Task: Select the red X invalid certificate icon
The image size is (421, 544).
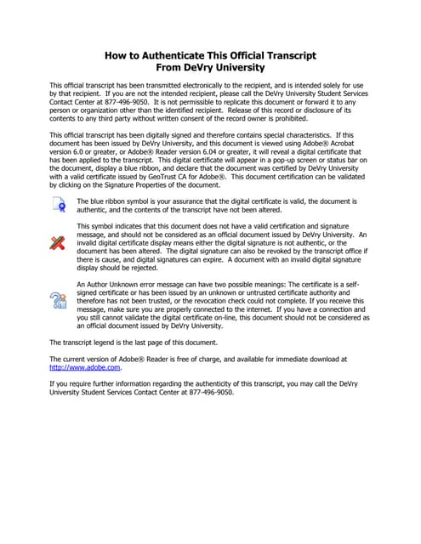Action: click(58, 243)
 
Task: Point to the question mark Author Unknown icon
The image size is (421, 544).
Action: click(58, 298)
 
